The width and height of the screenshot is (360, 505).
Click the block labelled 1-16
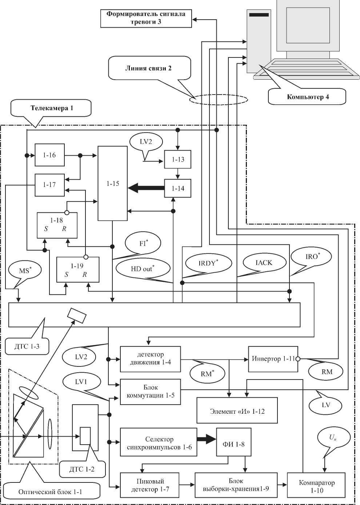(x=49, y=155)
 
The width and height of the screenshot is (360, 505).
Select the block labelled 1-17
(x=49, y=185)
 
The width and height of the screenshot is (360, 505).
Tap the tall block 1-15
(x=113, y=184)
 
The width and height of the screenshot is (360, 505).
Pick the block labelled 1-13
(x=178, y=160)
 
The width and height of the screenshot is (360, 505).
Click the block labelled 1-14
(x=178, y=188)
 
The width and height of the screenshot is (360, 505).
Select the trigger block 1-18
(x=57, y=225)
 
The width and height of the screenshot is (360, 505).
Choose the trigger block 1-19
(x=77, y=270)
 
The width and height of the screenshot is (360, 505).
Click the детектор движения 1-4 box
(x=150, y=359)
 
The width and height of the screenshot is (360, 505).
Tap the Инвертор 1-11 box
(x=273, y=359)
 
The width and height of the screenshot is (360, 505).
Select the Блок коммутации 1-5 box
(x=150, y=392)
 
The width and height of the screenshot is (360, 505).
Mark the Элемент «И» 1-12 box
(x=237, y=411)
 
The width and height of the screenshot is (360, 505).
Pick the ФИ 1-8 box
(x=233, y=444)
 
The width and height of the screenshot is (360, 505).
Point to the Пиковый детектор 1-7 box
(x=150, y=485)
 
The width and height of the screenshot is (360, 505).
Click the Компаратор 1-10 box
(x=316, y=486)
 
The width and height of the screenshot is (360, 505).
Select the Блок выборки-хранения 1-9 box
(x=236, y=485)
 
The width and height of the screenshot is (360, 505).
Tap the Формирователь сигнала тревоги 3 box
(x=146, y=18)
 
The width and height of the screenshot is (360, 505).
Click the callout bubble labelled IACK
(x=264, y=263)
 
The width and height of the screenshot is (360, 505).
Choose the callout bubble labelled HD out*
(x=143, y=269)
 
